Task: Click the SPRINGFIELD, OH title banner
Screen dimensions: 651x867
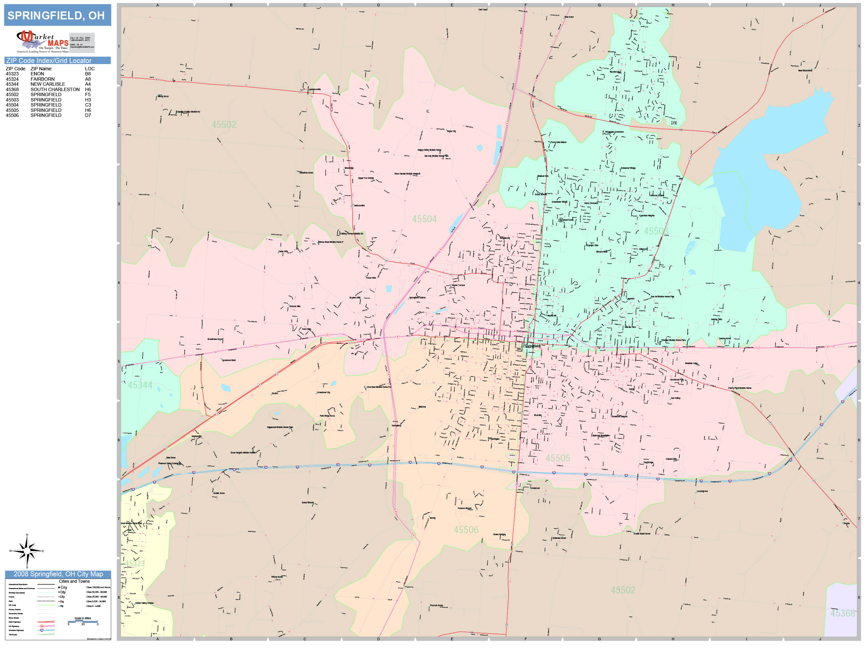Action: pos(57,15)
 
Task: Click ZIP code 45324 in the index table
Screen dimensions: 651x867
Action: pos(12,79)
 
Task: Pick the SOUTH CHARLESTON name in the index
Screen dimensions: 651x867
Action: pos(55,89)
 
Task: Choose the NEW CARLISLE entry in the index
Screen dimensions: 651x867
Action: pos(48,84)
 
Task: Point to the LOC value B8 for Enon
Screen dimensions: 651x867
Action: pos(88,74)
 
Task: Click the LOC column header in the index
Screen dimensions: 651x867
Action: pos(90,69)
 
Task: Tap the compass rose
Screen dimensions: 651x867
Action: pos(27,551)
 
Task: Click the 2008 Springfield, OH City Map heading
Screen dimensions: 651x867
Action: pos(58,574)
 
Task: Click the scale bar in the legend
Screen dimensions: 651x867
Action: pos(83,621)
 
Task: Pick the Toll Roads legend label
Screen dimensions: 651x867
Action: pos(13,635)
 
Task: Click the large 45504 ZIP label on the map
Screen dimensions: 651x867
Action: pos(424,219)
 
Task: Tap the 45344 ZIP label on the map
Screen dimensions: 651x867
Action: pos(140,385)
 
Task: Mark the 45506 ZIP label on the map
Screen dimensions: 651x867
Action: pos(466,530)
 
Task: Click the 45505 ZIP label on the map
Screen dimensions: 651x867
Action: pos(558,458)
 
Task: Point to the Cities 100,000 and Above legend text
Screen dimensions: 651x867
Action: pos(98,587)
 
